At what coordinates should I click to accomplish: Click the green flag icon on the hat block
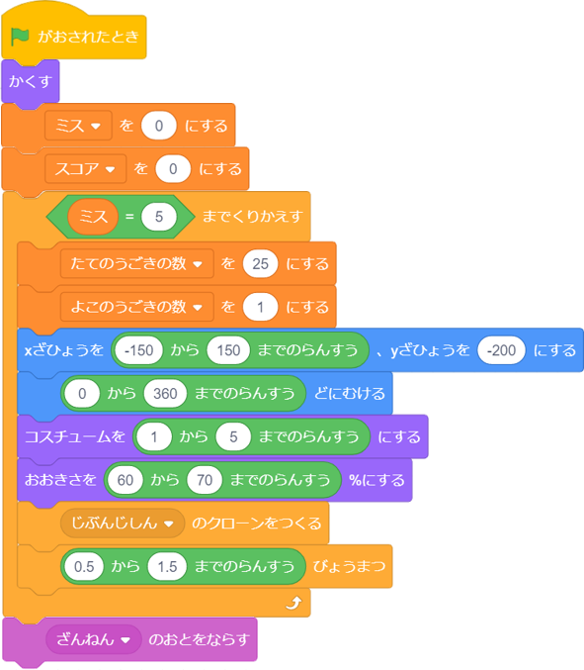pos(20,37)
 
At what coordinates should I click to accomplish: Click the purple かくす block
pos(31,81)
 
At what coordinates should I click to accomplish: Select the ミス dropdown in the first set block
pos(78,126)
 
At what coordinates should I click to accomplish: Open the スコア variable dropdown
pos(85,169)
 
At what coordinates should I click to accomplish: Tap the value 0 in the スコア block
pos(173,169)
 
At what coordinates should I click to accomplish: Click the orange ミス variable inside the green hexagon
pos(93,217)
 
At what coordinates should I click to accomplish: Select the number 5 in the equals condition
pos(159,217)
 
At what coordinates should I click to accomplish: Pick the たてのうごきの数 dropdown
pos(136,263)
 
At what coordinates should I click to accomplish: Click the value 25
pos(260,263)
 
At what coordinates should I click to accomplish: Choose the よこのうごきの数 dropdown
pos(136,307)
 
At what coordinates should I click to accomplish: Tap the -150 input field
pos(139,350)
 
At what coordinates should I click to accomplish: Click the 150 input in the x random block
pos(228,350)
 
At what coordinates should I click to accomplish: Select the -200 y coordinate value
pos(501,350)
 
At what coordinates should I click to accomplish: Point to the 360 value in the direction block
pos(165,394)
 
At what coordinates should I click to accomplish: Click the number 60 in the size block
pos(125,480)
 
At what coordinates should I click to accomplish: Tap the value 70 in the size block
pos(205,480)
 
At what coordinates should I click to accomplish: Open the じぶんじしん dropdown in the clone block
pos(123,523)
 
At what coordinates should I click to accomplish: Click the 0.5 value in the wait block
pos(84,567)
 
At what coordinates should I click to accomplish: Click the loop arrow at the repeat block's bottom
pos(293,603)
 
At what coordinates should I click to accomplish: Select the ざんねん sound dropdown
pos(94,639)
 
